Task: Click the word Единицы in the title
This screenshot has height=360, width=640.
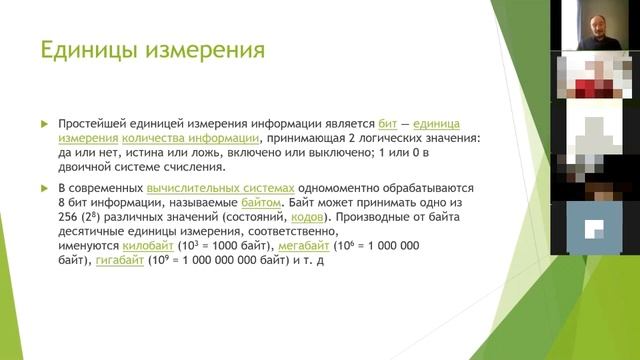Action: [x=83, y=49]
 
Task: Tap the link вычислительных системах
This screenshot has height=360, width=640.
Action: [x=221, y=188]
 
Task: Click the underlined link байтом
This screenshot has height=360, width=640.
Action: [x=263, y=202]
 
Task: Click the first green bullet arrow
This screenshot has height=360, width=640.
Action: [x=44, y=122]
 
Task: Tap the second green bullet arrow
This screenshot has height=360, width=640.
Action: [x=44, y=188]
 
